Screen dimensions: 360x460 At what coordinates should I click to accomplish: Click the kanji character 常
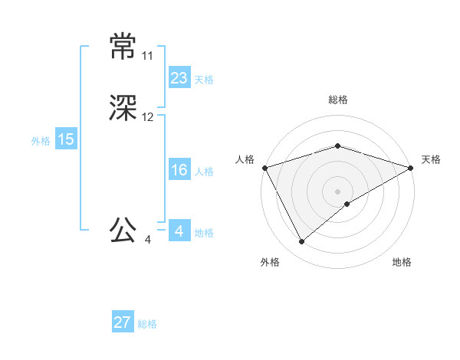[123, 47]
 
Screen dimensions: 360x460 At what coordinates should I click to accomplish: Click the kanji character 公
[123, 229]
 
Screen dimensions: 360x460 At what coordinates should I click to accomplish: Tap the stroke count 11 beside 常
[147, 57]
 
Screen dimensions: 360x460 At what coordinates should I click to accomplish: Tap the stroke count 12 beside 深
[147, 117]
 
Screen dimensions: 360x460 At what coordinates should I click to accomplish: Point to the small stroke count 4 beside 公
[147, 240]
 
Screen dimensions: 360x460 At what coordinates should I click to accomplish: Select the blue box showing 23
[179, 78]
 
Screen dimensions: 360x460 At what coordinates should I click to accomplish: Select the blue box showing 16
[179, 170]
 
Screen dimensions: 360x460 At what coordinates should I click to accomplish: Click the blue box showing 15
[65, 139]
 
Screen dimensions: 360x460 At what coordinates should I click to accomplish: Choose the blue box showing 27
[123, 322]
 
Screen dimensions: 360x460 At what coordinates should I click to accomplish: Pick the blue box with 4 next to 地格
[179, 231]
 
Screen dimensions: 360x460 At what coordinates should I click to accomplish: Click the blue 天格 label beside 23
[204, 80]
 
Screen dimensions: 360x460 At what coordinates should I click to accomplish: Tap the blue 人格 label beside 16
[204, 172]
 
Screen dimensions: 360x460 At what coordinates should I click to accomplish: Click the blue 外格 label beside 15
[41, 141]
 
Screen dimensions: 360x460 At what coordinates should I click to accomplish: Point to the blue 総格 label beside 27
[148, 324]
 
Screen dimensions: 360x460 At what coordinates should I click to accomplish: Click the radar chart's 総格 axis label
[337, 100]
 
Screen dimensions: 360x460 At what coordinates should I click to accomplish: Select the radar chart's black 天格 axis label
[431, 159]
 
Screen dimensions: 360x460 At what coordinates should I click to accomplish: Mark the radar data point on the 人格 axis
[264, 167]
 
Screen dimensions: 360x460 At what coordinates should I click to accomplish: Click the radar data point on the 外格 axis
[302, 242]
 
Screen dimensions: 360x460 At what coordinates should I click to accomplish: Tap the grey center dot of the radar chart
[337, 191]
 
